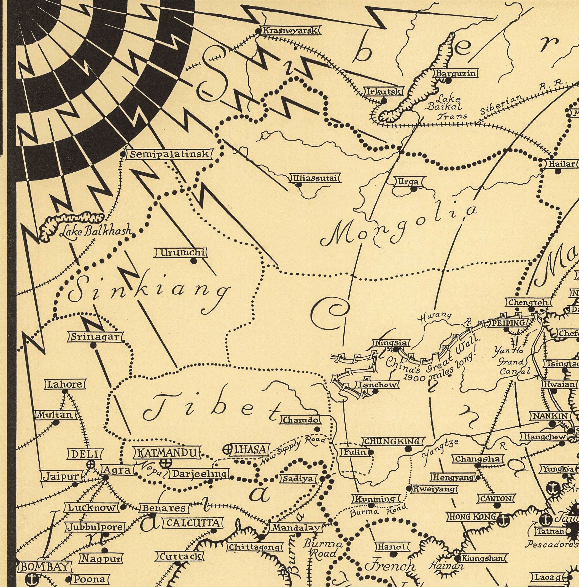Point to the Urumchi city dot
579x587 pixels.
click(193, 261)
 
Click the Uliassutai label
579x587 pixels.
click(315, 178)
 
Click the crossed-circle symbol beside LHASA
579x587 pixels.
click(227, 450)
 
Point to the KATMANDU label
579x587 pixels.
click(167, 453)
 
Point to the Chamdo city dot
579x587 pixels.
click(317, 429)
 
